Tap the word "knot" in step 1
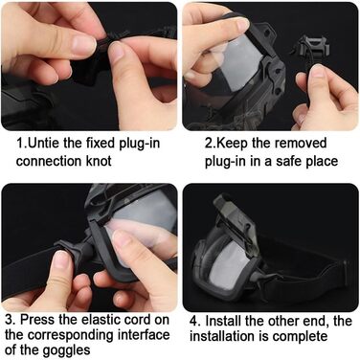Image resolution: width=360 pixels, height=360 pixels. (x=99, y=161)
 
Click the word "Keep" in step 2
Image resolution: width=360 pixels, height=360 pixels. (x=232, y=144)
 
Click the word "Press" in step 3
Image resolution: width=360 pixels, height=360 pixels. (x=34, y=320)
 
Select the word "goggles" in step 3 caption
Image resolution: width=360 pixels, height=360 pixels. (x=67, y=350)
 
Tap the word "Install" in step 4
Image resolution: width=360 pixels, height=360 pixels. (x=223, y=321)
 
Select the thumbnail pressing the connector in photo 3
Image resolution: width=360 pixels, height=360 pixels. (x=61, y=259)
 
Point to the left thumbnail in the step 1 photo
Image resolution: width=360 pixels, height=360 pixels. (x=83, y=45)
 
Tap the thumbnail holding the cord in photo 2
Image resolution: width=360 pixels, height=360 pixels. (x=318, y=71)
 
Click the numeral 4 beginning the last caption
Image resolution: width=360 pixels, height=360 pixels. (x=192, y=321)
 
